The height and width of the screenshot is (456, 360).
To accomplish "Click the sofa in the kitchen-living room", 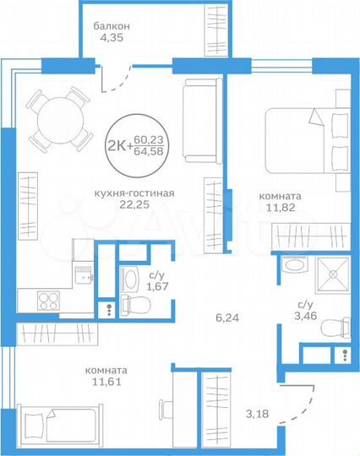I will click(x=202, y=121).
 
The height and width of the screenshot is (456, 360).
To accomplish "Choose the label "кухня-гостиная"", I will click(x=134, y=193).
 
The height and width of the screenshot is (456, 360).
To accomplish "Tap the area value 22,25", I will click(x=134, y=204).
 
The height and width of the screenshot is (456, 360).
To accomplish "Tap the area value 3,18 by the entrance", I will click(x=258, y=414).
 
